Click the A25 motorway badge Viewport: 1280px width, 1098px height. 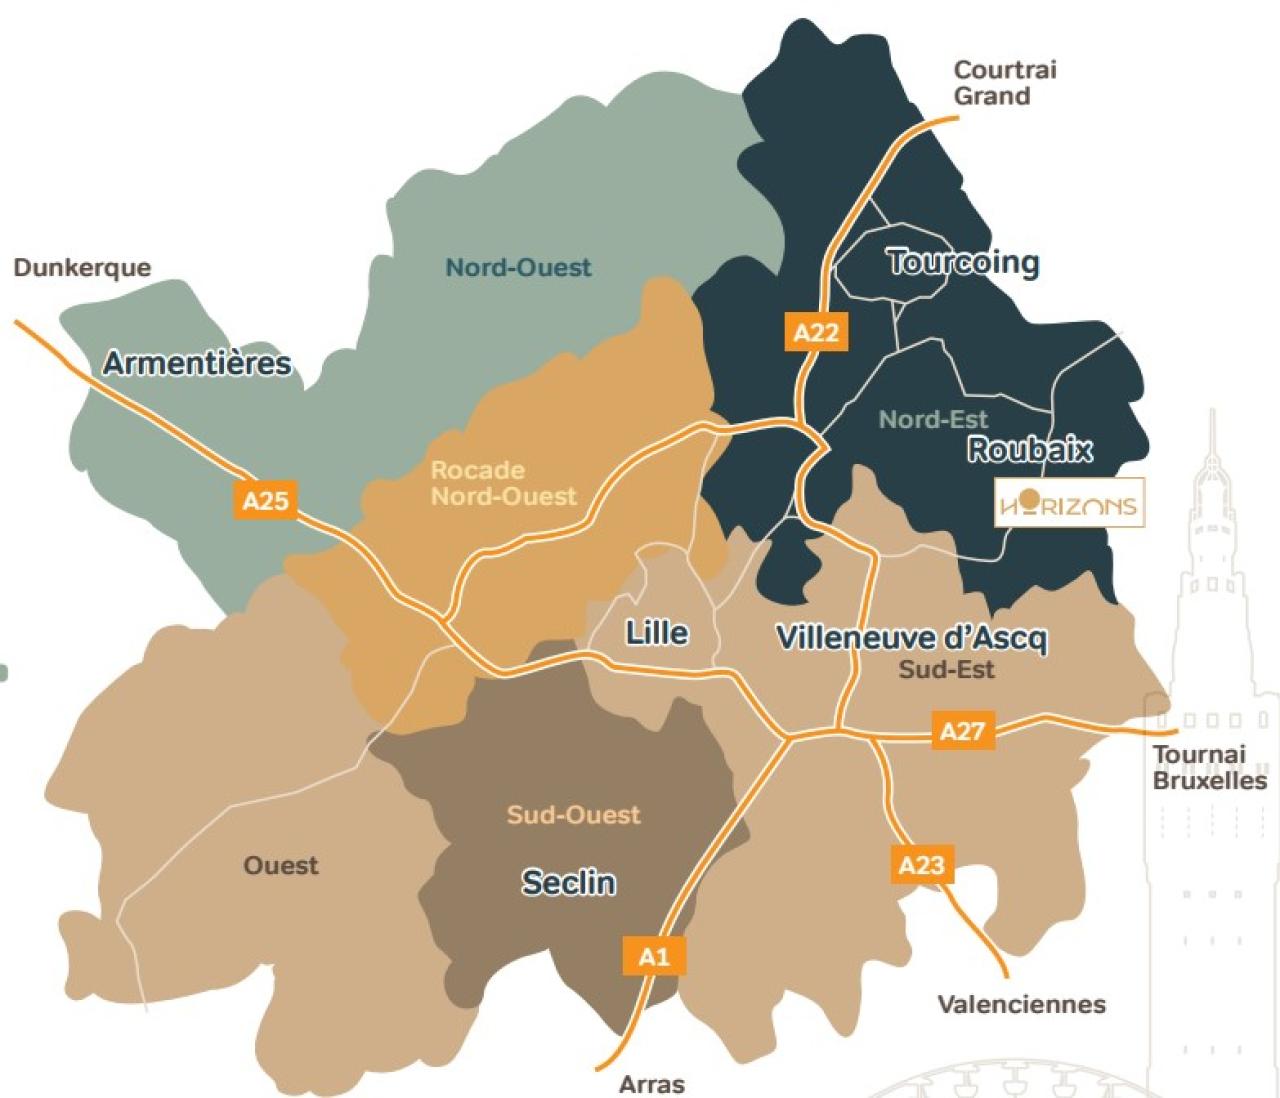pos(265,500)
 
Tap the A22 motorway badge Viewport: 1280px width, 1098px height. pos(815,332)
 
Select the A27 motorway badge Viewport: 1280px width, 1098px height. pos(962,731)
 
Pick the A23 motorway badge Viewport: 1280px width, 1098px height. pos(921,864)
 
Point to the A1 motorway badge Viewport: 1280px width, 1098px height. pos(653,956)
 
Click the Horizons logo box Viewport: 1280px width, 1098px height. pos(1069,503)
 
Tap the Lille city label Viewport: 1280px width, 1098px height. pos(656,633)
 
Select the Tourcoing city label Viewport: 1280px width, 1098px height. pos(963,262)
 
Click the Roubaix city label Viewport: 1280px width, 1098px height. pos(1029,450)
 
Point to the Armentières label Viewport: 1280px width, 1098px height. pos(197,363)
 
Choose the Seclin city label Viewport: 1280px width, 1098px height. pos(568,882)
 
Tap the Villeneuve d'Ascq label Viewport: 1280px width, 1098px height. pos(911,637)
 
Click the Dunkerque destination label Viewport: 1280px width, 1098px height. pos(82,268)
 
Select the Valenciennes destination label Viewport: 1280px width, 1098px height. pos(1021,1004)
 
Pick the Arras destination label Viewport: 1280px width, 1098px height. pos(652,1084)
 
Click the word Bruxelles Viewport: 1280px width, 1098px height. pos(1209,781)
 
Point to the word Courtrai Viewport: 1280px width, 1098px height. pos(1004,70)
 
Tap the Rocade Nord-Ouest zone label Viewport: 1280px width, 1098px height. pos(503,483)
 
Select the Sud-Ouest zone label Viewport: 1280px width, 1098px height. pos(573,815)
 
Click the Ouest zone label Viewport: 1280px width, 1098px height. pos(280,865)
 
